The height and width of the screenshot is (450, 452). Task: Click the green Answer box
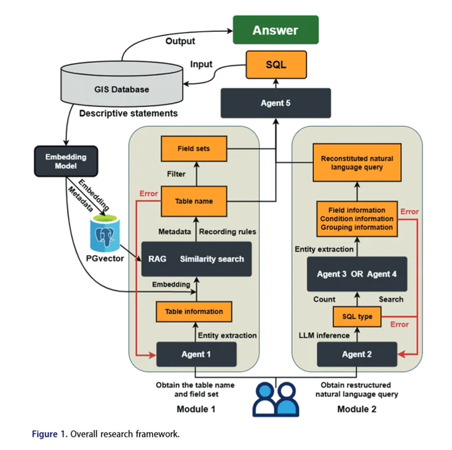pos(276,30)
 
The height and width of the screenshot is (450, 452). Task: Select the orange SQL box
pos(276,64)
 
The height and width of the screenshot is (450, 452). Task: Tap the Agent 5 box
pos(276,103)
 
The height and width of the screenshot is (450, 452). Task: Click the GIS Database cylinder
pos(122,83)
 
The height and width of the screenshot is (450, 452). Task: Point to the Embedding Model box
pos(66,161)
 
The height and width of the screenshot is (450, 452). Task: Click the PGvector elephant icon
pos(105,233)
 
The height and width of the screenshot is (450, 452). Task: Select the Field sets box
pos(193,149)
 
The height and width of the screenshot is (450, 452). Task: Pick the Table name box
pos(193,201)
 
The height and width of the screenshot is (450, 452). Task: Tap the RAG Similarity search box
pos(196,259)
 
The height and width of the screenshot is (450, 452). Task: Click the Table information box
pos(193,312)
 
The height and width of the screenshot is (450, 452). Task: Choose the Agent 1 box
pos(196,354)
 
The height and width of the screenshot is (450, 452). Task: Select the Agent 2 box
pos(357,354)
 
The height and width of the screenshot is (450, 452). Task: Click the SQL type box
pos(357,316)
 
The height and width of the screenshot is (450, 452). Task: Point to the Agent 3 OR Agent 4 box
pos(357,274)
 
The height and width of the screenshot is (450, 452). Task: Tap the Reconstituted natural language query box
pos(357,163)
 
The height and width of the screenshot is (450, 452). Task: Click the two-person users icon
pos(276,399)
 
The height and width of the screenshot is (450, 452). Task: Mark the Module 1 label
pos(196,409)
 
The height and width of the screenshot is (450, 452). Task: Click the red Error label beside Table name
pos(148,193)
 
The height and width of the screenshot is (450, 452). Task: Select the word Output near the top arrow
pos(180,41)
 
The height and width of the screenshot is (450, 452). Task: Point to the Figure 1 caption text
pos(106,434)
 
